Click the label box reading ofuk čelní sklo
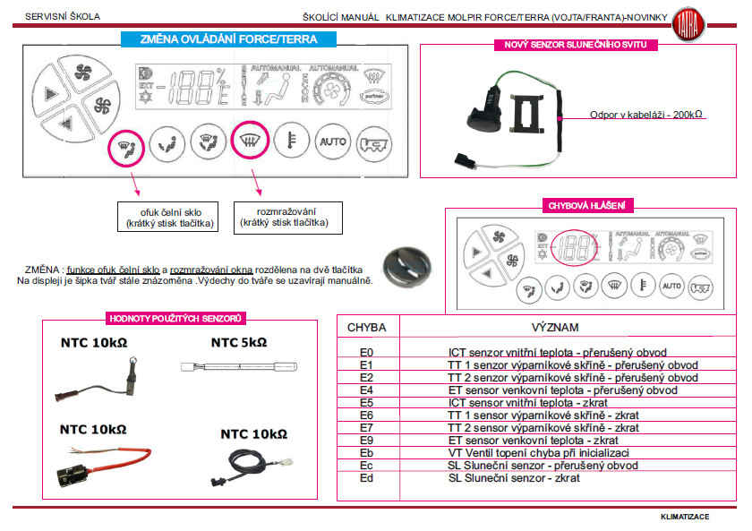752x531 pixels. tap(169, 216)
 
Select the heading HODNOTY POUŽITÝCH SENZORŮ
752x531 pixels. tap(176, 318)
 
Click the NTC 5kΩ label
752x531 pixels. tap(239, 342)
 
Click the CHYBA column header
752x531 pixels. tap(366, 328)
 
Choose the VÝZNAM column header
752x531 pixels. tap(555, 328)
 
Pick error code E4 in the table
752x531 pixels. tap(365, 390)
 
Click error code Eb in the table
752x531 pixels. tap(365, 453)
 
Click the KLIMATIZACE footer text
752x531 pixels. tap(685, 517)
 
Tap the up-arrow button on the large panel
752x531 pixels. tap(47, 93)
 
